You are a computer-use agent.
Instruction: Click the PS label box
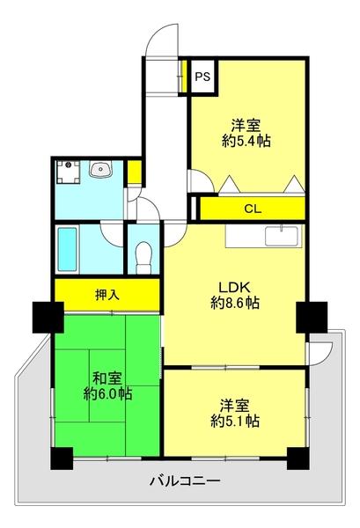coord(202,77)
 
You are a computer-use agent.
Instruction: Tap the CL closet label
coord(253,209)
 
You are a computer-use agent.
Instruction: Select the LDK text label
coord(235,287)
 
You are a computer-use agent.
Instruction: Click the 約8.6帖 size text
coord(235,304)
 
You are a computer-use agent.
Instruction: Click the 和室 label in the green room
coord(107,378)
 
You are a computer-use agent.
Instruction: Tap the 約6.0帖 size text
coord(107,395)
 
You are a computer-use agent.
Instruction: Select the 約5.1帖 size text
coord(234,422)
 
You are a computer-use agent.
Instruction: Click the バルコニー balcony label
coord(184,481)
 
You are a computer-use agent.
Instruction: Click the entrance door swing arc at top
coord(163,40)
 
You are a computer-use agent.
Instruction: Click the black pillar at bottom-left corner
coord(61,458)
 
